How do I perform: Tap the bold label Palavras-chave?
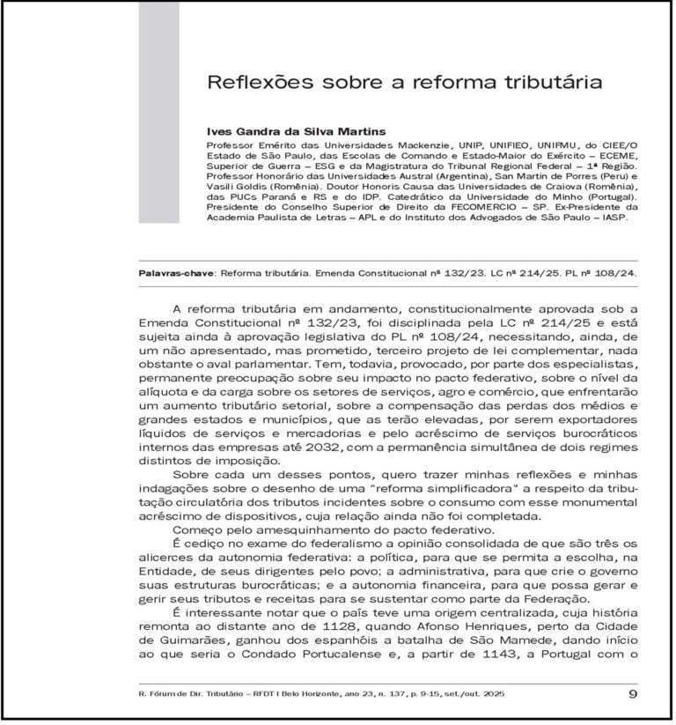tap(176, 273)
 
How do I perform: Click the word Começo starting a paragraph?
tap(198, 531)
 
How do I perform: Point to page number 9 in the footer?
tap(634, 693)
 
